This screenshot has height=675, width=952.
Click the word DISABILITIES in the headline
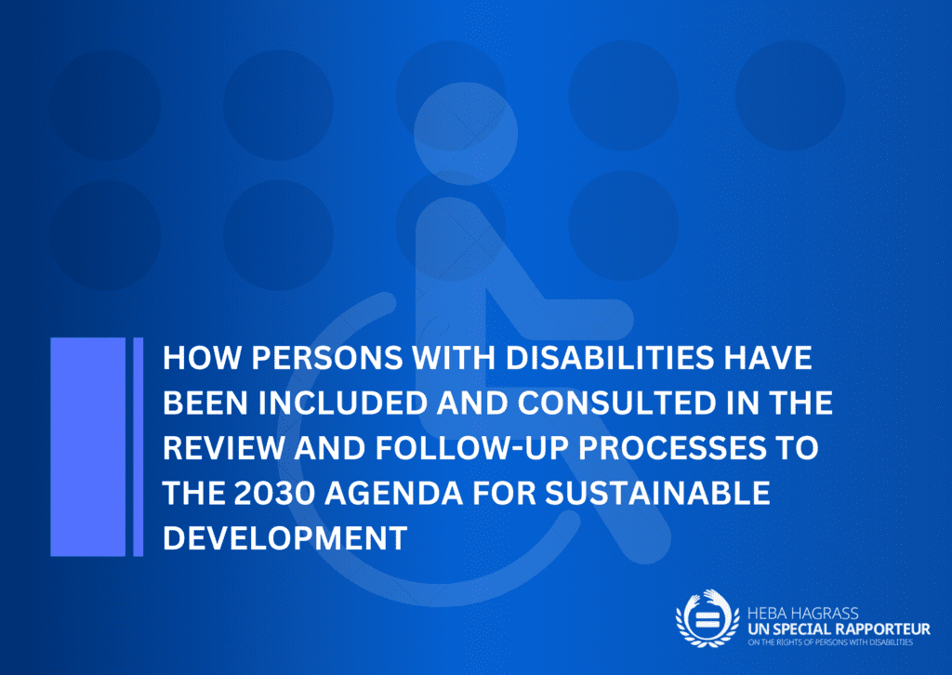[x=610, y=358]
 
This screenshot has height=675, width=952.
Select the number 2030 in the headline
[x=274, y=493]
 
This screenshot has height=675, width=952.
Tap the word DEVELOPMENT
[x=284, y=537]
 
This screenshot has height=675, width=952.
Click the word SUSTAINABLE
[x=657, y=493]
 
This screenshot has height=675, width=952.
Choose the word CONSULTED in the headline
[x=616, y=404]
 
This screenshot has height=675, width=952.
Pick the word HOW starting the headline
[x=202, y=358]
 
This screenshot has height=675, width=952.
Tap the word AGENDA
[x=394, y=493]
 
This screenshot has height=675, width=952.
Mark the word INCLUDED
[x=343, y=404]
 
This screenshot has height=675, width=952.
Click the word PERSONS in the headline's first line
[x=327, y=358]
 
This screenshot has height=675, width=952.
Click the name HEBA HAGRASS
[x=802, y=613]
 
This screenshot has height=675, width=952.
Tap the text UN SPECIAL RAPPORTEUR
[x=839, y=629]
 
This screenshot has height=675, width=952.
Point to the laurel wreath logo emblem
[x=707, y=618]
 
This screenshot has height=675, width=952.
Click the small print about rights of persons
[x=830, y=642]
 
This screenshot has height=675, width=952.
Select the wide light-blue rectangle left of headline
[x=88, y=447]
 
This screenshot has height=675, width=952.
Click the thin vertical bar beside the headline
[x=139, y=447]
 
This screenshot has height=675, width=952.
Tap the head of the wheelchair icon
[x=466, y=134]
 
